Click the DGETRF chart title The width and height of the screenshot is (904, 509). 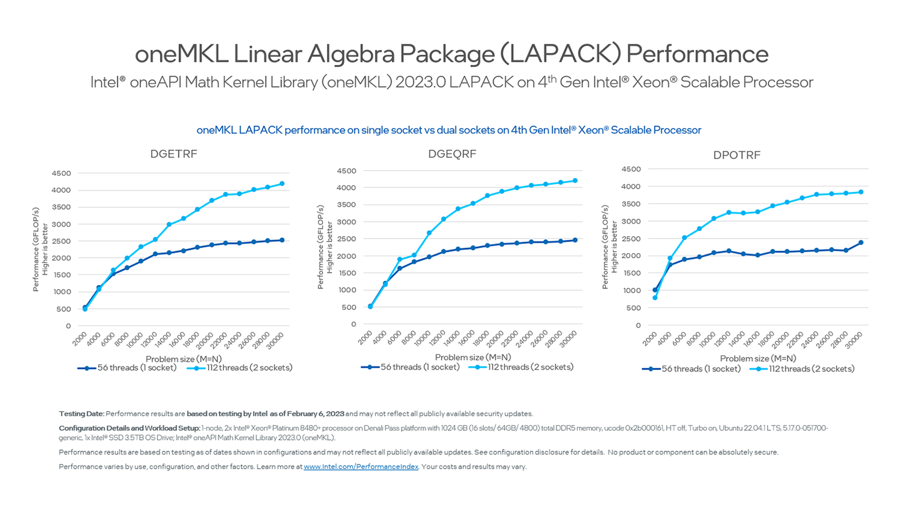pos(173,154)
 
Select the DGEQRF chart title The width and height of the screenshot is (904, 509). pos(452,154)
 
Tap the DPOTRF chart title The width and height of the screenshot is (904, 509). pos(736,155)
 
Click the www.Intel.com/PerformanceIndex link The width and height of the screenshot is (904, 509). pos(361,467)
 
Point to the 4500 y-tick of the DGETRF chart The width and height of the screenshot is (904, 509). pos(61,173)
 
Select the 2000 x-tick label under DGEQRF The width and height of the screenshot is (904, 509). pos(365,338)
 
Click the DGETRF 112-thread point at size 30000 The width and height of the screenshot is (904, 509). pos(282,184)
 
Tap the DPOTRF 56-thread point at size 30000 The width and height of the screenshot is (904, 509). pos(861,243)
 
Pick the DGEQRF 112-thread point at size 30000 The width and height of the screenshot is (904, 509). pos(575,181)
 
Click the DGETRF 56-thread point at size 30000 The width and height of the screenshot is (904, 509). pos(282,240)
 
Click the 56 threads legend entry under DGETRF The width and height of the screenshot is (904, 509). pos(127,368)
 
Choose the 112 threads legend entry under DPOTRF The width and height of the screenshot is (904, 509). pos(801,369)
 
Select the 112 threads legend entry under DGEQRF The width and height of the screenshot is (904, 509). pos(521,367)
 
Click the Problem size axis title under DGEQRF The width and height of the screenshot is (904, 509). pos(473,357)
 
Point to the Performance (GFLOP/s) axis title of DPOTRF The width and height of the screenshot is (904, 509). pos(605,247)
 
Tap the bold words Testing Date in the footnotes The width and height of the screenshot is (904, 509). pos(81,414)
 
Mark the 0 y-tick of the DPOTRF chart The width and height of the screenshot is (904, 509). pos(638,325)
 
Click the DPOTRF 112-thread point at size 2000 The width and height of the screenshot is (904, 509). pos(655,298)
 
